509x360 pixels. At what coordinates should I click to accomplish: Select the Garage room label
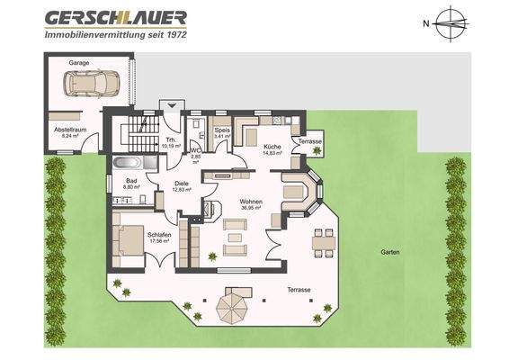tap(78, 63)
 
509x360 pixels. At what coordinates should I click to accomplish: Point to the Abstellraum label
tap(67, 132)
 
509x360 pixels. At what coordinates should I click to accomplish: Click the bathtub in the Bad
tap(126, 165)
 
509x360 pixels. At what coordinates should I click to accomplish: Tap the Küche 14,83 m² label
tap(272, 149)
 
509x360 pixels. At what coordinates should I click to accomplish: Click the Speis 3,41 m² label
tap(223, 133)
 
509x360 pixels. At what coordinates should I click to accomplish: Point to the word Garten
tap(389, 252)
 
